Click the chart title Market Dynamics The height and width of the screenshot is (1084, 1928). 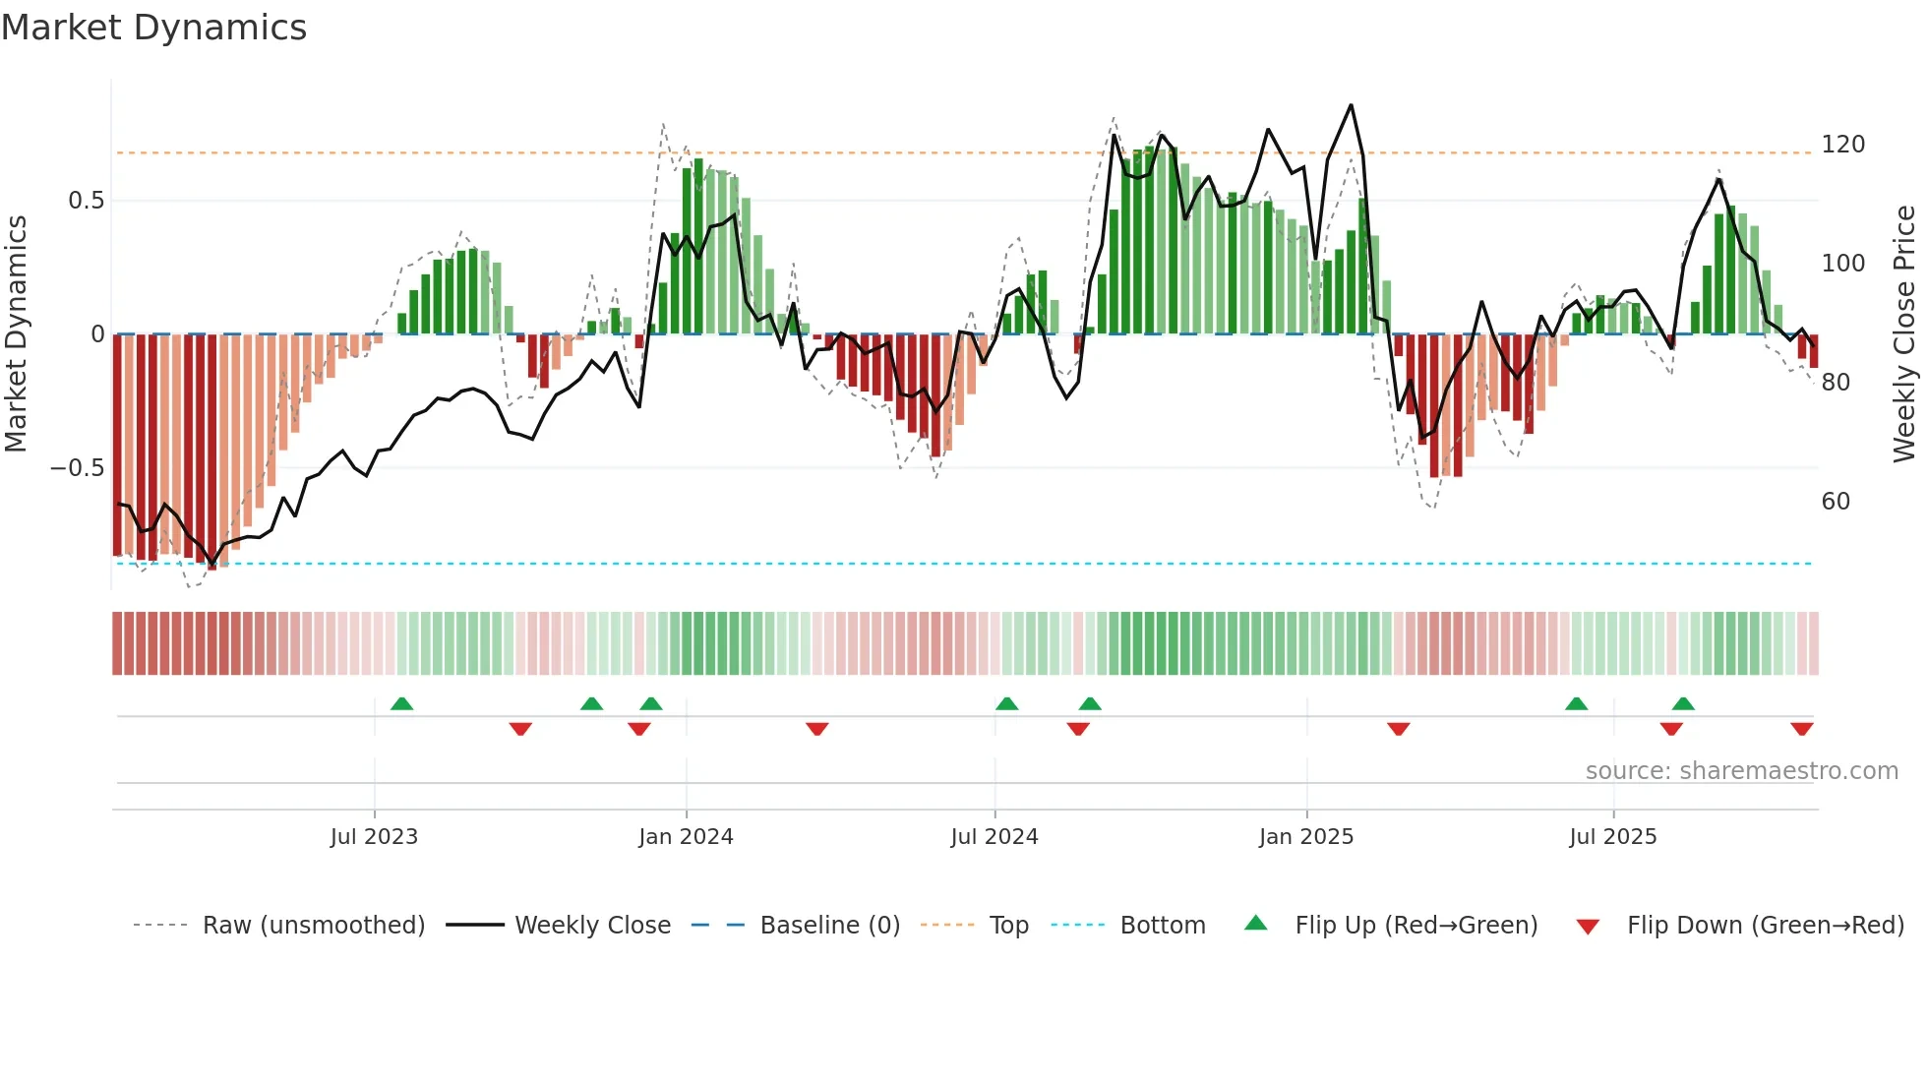[153, 28]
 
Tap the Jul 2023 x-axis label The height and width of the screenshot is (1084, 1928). [374, 837]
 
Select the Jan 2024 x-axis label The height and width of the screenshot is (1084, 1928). [686, 837]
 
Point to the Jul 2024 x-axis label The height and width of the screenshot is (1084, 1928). [994, 837]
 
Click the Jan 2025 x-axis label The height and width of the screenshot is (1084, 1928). [1306, 837]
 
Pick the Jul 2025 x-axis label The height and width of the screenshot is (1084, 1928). [1612, 837]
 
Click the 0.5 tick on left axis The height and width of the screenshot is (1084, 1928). [86, 201]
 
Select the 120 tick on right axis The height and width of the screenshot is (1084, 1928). [1842, 145]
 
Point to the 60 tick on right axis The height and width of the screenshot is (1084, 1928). [1836, 502]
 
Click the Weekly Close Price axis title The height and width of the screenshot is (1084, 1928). [1904, 334]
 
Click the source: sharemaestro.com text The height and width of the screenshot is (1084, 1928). [1741, 771]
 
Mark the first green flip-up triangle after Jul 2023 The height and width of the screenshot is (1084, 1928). [401, 704]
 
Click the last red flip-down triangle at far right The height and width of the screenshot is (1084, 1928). [1801, 729]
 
